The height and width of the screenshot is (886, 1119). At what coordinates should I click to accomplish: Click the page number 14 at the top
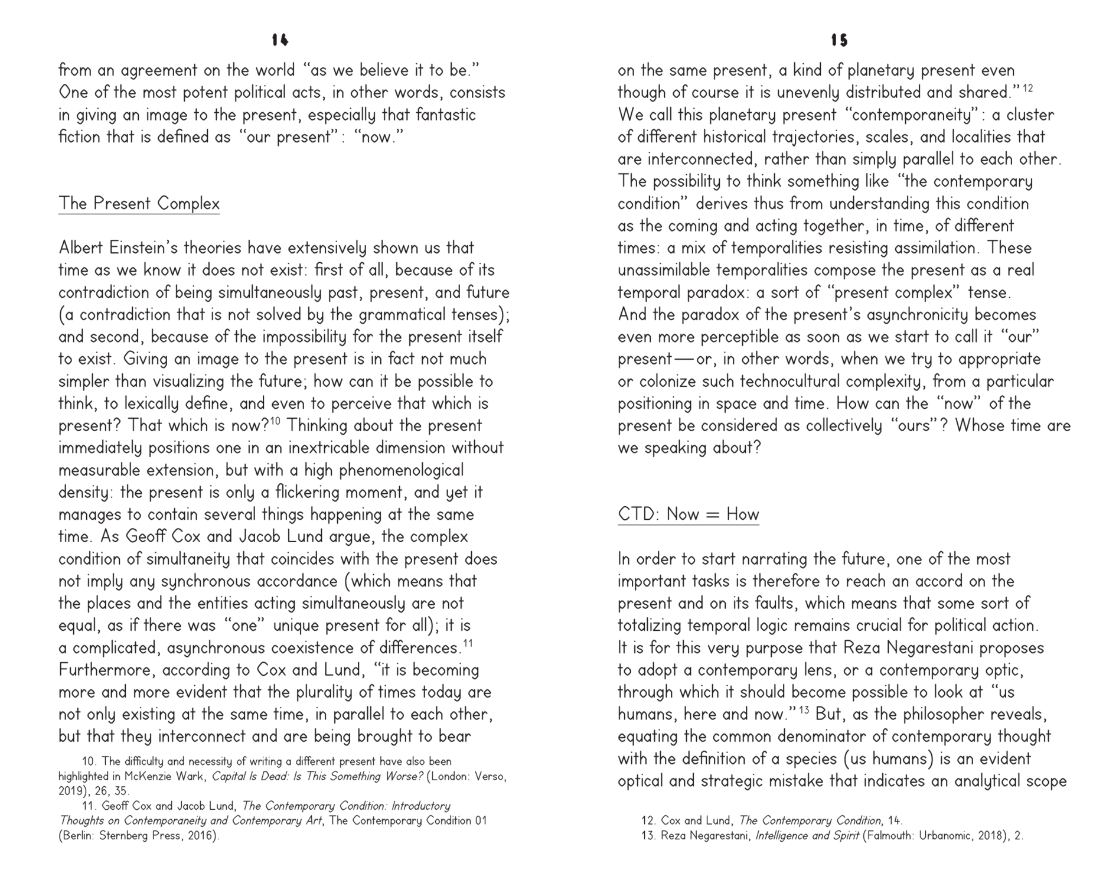280,40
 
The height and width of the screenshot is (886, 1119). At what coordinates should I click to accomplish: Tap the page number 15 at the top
839,40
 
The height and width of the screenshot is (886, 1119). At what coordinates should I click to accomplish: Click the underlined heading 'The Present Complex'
139,204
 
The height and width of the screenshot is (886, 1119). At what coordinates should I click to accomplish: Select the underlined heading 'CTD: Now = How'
688,514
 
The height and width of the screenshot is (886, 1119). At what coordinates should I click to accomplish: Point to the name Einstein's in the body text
151,248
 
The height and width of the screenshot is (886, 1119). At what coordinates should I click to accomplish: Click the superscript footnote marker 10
275,421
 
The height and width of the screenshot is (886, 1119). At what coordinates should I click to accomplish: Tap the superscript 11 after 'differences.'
468,643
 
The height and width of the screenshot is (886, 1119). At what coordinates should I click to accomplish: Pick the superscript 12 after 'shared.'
1027,88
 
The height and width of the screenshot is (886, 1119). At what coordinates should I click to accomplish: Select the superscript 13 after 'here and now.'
804,710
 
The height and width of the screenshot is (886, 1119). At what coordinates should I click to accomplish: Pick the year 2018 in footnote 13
990,836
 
